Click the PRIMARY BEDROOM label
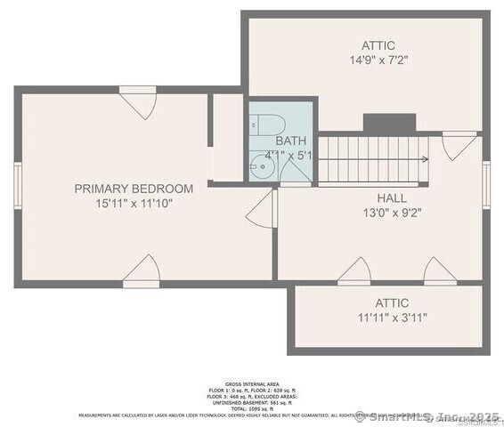[134, 189]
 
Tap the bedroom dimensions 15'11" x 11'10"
[134, 204]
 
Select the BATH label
[290, 141]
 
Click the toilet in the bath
[272, 123]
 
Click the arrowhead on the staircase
[426, 159]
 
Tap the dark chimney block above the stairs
[389, 125]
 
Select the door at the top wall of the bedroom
[138, 101]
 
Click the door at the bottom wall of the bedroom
[142, 271]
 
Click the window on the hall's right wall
[485, 184]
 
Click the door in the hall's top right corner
[459, 144]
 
